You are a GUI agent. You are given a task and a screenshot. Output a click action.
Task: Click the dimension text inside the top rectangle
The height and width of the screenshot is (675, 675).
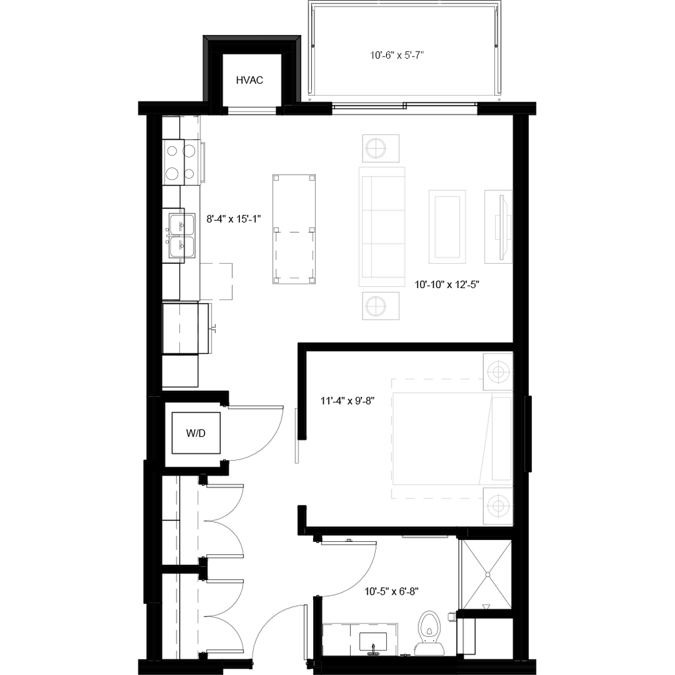tap(397, 56)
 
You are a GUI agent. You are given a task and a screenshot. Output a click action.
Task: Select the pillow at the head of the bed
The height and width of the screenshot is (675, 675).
tap(502, 438)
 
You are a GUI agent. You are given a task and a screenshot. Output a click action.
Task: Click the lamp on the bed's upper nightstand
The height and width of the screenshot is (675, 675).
tap(498, 372)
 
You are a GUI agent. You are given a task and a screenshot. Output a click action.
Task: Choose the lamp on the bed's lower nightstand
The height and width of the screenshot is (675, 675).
tap(498, 506)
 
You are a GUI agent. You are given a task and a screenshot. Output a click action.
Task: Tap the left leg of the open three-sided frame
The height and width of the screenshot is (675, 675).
tap(206, 69)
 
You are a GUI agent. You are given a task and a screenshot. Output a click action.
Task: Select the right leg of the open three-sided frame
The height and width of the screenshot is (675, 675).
tap(298, 69)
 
